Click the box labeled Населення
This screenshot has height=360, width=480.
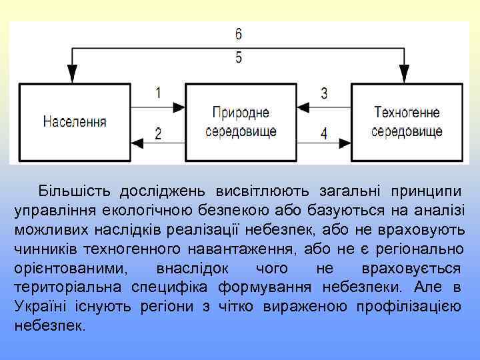click(x=75, y=122)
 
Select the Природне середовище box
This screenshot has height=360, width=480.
click(x=241, y=122)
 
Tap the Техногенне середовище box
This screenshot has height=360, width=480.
click(x=407, y=122)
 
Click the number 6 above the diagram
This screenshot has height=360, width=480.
click(x=239, y=33)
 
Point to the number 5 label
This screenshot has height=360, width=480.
click(x=239, y=57)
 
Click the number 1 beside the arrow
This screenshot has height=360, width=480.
click(x=158, y=93)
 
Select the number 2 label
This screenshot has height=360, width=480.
click(x=158, y=133)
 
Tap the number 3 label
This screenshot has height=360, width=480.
click(x=324, y=93)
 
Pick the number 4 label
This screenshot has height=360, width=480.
click(x=324, y=133)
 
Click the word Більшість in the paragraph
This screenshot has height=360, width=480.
click(x=76, y=192)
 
